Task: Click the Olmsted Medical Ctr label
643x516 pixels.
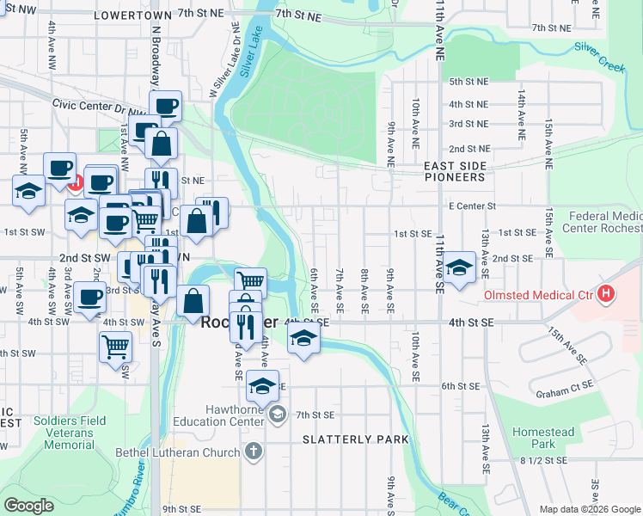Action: pos(538,295)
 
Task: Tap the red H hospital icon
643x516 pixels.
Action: pos(606,294)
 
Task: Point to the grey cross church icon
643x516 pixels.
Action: pos(253,451)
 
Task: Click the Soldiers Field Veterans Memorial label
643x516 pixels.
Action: pos(64,433)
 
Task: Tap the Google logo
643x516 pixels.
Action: pos(28,506)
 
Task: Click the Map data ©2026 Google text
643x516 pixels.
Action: pos(590,509)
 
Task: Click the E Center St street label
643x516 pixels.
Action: pos(472,206)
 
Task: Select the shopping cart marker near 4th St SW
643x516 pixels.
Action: pos(115,347)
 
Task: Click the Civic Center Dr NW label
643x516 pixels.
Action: pos(87,109)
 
